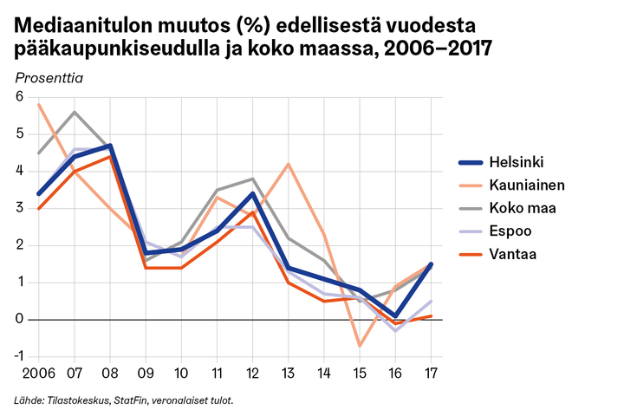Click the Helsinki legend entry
click(501, 162)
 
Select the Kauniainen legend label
click(511, 185)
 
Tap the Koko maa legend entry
click(507, 208)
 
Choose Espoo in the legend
click(495, 231)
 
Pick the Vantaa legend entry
click(497, 254)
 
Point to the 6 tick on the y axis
click(19, 97)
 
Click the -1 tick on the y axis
click(18, 356)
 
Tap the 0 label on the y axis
click(19, 319)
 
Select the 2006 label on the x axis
click(39, 374)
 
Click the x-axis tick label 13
click(288, 374)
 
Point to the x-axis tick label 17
click(431, 374)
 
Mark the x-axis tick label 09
click(146, 374)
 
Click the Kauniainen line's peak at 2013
click(288, 164)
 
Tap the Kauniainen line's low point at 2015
click(360, 346)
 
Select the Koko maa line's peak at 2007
click(75, 112)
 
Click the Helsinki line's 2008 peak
click(110, 146)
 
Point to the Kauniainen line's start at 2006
click(39, 104)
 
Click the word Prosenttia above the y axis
click(49, 78)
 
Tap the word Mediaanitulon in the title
click(83, 25)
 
